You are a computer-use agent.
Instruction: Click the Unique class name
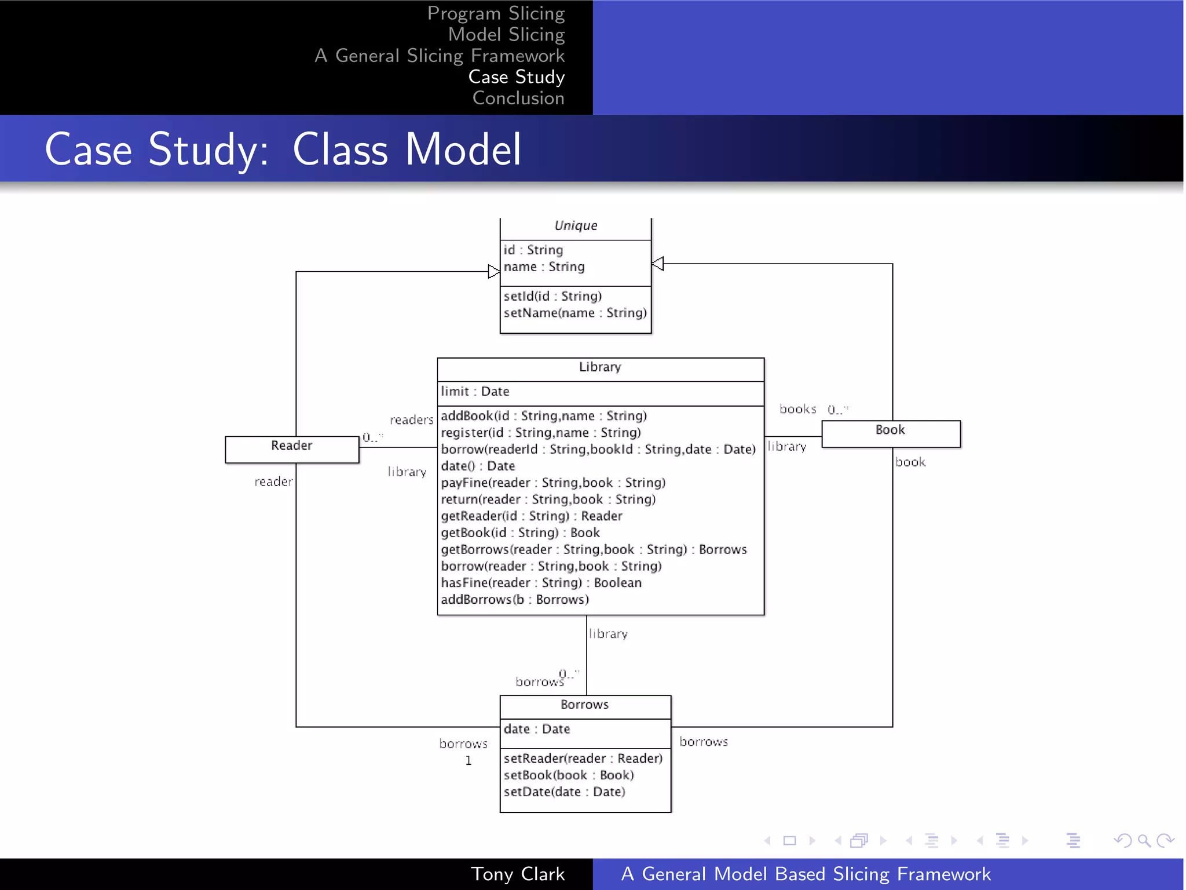pyautogui.click(x=576, y=226)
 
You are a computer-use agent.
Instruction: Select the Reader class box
pyautogui.click(x=292, y=449)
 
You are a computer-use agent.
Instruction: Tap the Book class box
pyautogui.click(x=891, y=433)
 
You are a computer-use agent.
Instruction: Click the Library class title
pyautogui.click(x=600, y=367)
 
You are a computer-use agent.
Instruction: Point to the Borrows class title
pyautogui.click(x=584, y=705)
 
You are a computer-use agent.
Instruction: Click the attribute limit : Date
pyautogui.click(x=475, y=392)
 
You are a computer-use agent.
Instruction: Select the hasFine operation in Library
pyautogui.click(x=541, y=583)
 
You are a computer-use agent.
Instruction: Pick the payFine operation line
pyautogui.click(x=552, y=483)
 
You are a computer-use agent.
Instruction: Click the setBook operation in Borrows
pyautogui.click(x=568, y=775)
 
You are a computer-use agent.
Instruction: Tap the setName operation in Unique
pyautogui.click(x=574, y=313)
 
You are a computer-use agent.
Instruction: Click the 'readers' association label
pyautogui.click(x=411, y=420)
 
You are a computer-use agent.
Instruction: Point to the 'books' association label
pyautogui.click(x=797, y=409)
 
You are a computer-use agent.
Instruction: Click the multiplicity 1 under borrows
pyautogui.click(x=468, y=761)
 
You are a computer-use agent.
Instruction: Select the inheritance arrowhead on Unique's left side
pyautogui.click(x=493, y=272)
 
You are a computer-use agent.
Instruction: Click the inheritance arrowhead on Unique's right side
pyautogui.click(x=658, y=264)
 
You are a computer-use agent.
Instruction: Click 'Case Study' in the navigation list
pyautogui.click(x=516, y=77)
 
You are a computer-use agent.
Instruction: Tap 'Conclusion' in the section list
pyautogui.click(x=518, y=99)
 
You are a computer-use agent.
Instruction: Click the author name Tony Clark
pyautogui.click(x=518, y=874)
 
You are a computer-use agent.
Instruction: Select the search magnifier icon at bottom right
pyautogui.click(x=1144, y=840)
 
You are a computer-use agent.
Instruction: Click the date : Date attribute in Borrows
pyautogui.click(x=536, y=729)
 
